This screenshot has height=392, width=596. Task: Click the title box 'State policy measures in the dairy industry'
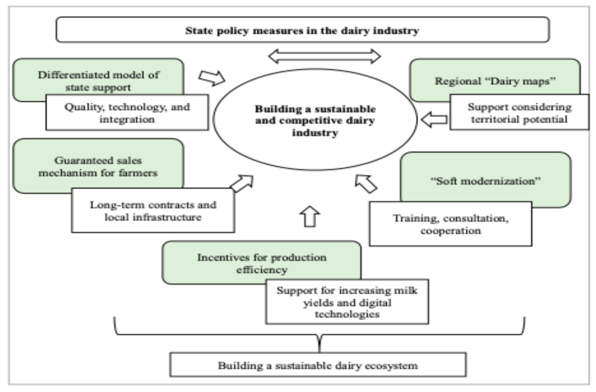pyautogui.click(x=303, y=30)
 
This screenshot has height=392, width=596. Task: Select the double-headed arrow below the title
pyautogui.click(x=324, y=56)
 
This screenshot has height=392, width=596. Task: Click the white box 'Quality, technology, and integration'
pyautogui.click(x=127, y=112)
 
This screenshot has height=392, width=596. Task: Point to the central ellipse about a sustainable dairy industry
pyautogui.click(x=315, y=120)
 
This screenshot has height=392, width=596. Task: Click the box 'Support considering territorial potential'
pyautogui.click(x=519, y=112)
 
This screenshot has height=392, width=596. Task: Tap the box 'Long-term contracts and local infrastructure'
pyautogui.click(x=153, y=210)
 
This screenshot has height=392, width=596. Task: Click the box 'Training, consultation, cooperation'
pyautogui.click(x=451, y=224)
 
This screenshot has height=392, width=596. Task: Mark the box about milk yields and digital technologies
pyautogui.click(x=347, y=302)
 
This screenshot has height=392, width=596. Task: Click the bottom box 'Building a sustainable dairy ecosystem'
pyautogui.click(x=318, y=365)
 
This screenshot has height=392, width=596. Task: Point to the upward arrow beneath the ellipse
pyautogui.click(x=310, y=216)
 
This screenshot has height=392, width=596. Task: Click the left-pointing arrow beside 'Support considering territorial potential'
pyautogui.click(x=434, y=120)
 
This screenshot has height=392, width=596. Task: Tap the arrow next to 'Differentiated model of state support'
pyautogui.click(x=212, y=77)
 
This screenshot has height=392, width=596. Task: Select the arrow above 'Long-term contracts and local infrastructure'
pyautogui.click(x=242, y=183)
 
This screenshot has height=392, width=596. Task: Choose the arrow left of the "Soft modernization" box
pyautogui.click(x=366, y=184)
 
